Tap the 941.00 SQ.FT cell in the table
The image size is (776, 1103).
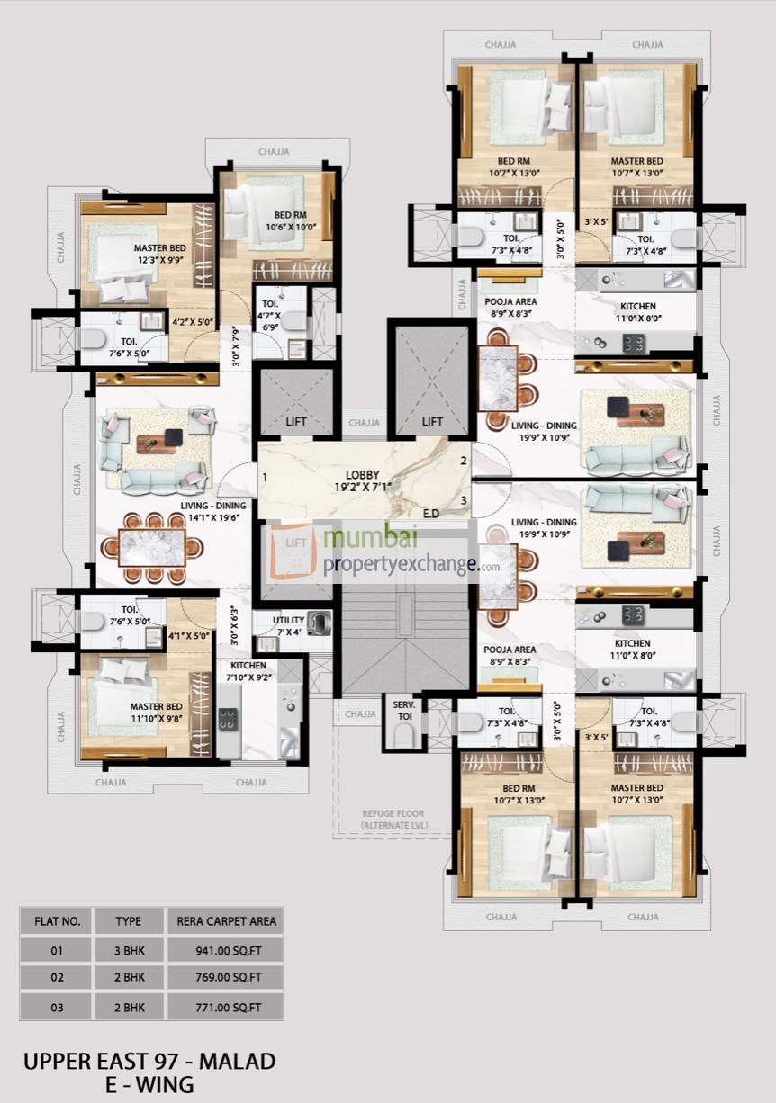point(227,949)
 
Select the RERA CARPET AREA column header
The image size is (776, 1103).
point(226,920)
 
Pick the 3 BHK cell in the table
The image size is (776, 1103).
point(128,949)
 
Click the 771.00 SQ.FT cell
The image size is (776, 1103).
point(227,1007)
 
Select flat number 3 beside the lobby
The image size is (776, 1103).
point(463,500)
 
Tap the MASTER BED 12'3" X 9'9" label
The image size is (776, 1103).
point(160,254)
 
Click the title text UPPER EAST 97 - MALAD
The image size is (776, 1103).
point(149,1061)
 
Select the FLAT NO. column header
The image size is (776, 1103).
point(58,920)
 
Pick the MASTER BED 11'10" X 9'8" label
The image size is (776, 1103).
point(157,713)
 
